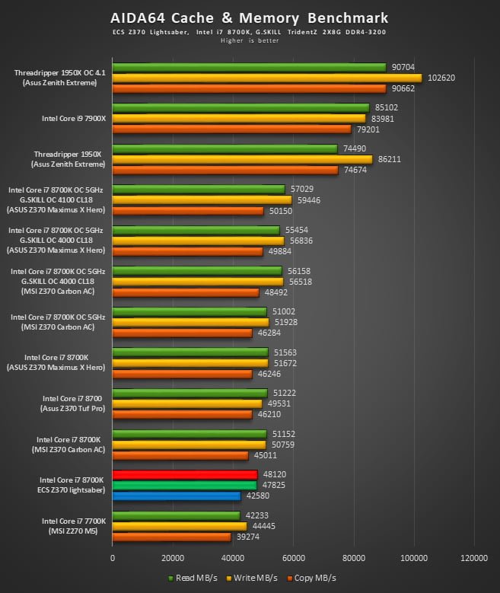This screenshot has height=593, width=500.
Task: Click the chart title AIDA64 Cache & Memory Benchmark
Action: pos(250,18)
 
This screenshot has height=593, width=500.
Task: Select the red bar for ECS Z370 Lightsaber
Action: pos(185,474)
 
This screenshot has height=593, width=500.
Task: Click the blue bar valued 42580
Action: pos(177,496)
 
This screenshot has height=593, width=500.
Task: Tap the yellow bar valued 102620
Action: pos(266,78)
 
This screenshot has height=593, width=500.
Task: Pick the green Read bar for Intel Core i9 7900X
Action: pos(240,107)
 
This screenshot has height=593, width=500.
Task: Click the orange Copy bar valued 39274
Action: pos(171,537)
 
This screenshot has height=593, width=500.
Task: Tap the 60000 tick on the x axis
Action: pos(294,558)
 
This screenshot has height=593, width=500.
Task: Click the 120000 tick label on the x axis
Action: pos(473,558)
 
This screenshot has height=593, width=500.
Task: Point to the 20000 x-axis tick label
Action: pos(173,558)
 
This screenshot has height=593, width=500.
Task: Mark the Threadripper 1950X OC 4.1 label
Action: pos(59,73)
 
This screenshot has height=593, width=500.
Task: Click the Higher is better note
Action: pos(250,40)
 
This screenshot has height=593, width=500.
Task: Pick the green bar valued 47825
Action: pos(184,485)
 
